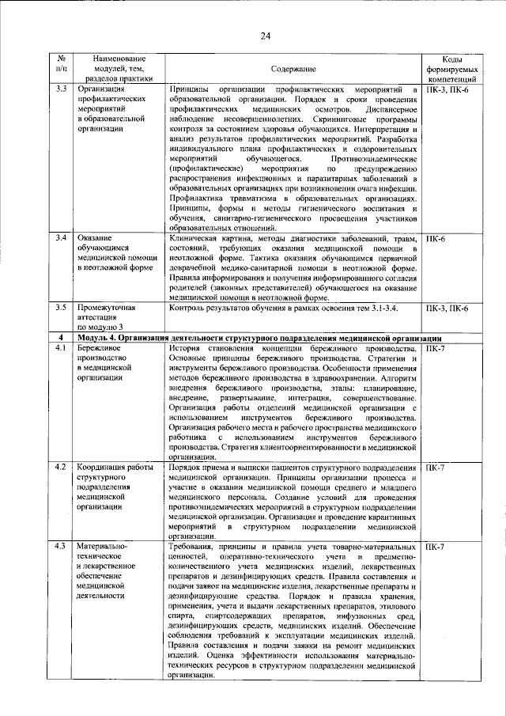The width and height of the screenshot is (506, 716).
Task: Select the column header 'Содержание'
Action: [293, 70]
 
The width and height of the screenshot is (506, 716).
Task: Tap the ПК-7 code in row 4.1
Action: [436, 347]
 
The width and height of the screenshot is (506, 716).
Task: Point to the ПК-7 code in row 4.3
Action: [436, 547]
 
